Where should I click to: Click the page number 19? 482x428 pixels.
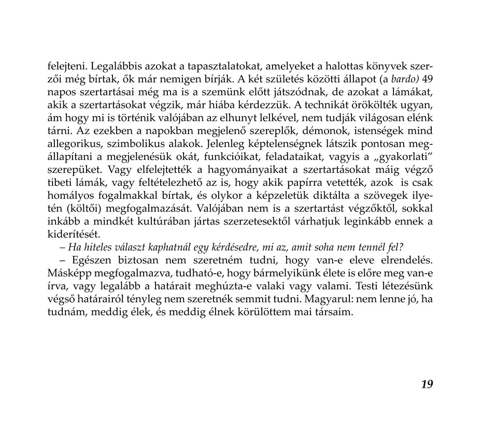427,384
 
